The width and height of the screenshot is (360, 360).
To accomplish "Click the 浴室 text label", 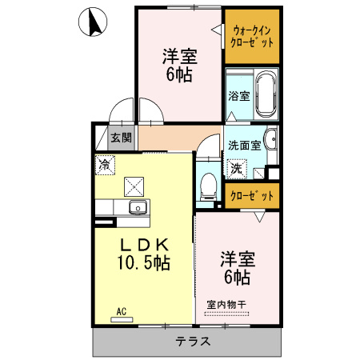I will (238, 96).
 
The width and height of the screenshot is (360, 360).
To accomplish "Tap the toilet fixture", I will (208, 185).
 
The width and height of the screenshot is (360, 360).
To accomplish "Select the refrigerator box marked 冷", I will (105, 165).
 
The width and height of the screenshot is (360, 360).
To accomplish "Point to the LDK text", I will (143, 245).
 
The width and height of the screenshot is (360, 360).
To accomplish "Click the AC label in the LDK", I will (122, 310).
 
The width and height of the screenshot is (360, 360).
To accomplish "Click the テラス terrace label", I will (193, 342).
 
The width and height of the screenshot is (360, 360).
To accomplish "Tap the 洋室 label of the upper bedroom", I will (179, 57).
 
